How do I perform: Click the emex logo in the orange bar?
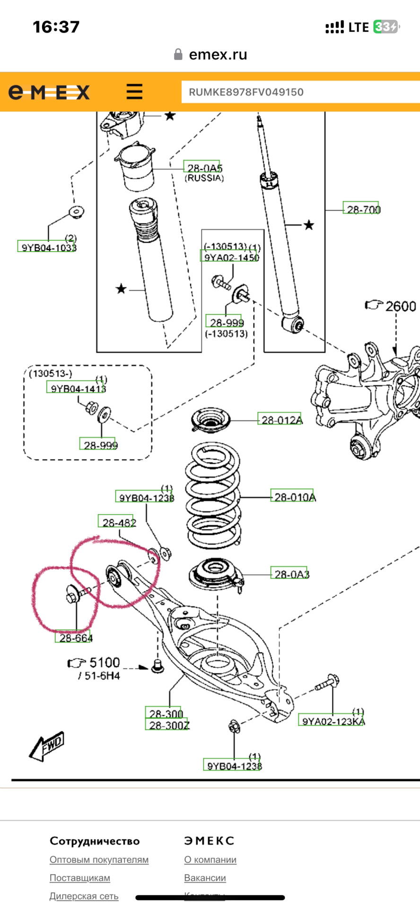[49, 92]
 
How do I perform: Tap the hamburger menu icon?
[134, 91]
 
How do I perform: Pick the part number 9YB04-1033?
[47, 247]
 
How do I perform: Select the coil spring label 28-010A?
[293, 496]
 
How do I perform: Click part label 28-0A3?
[289, 573]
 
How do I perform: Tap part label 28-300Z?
[167, 725]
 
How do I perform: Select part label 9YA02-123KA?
[332, 721]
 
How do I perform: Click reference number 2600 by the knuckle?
[400, 306]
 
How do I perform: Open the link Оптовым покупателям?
[99, 859]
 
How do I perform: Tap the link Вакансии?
[205, 877]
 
